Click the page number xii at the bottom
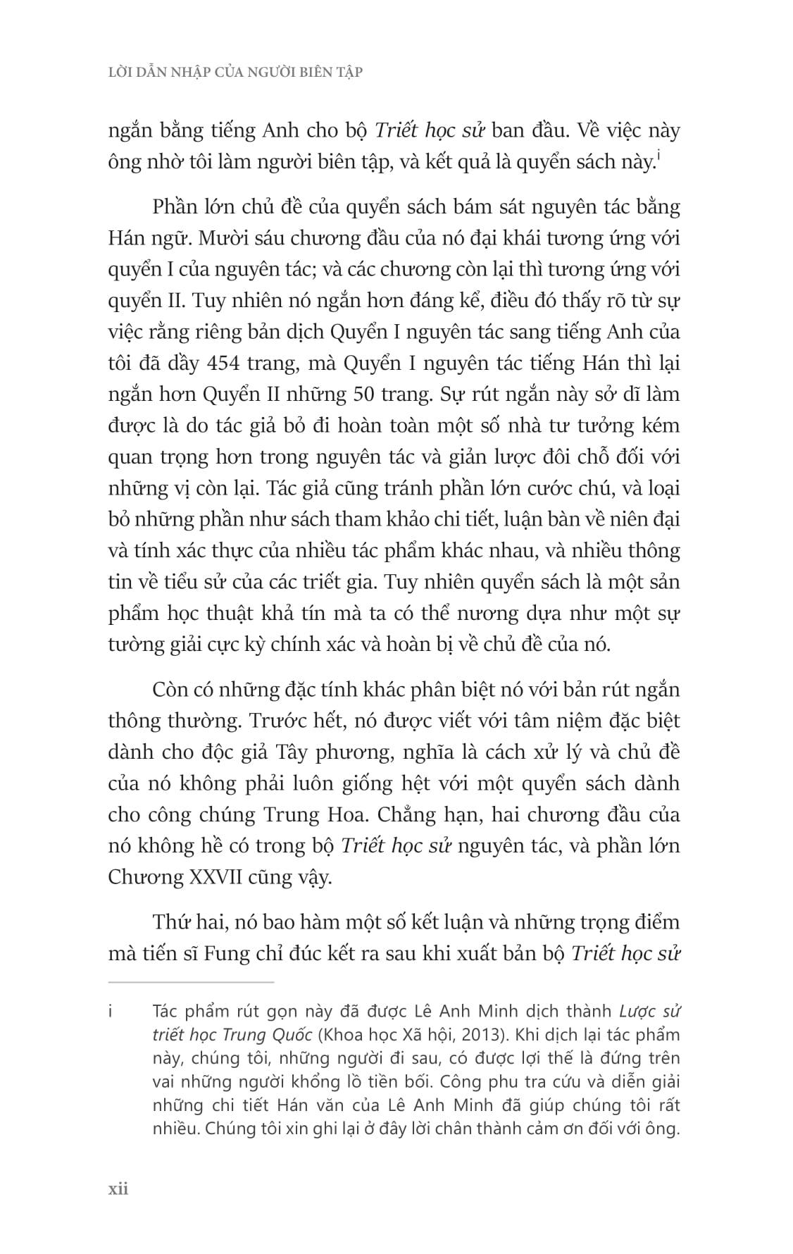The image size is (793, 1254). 118,1189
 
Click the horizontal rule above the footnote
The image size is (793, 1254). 191,981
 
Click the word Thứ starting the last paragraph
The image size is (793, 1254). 170,922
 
